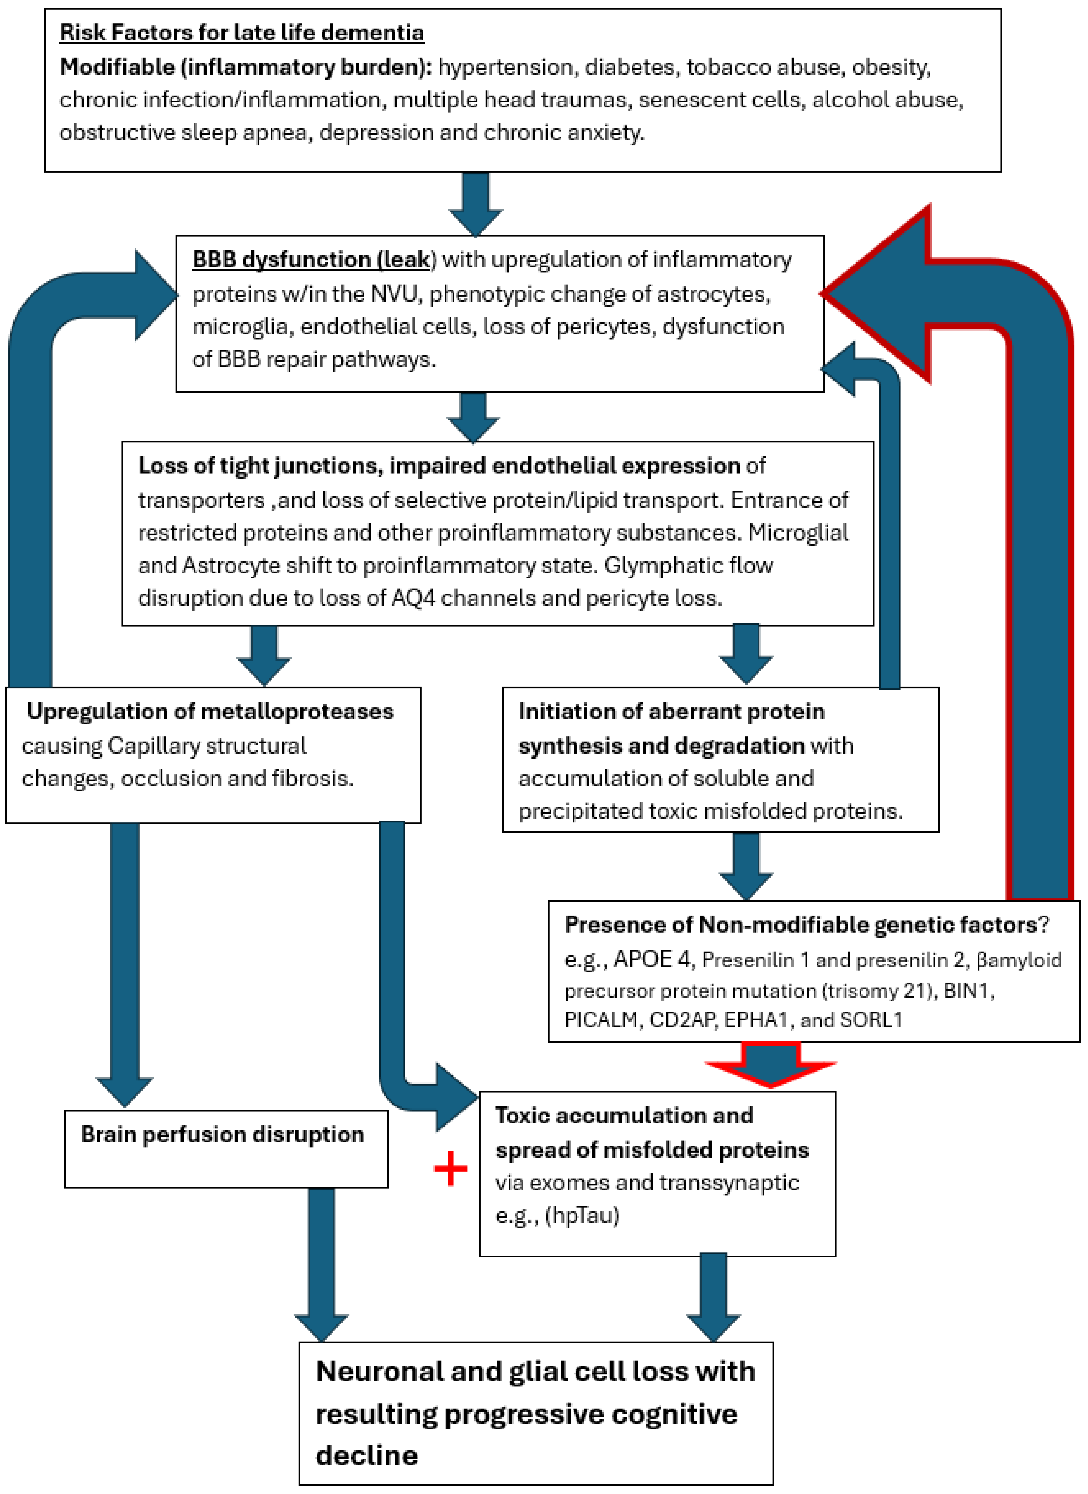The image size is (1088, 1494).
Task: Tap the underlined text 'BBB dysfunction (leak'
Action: click(x=311, y=260)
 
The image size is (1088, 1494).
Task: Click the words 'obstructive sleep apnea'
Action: click(x=183, y=132)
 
